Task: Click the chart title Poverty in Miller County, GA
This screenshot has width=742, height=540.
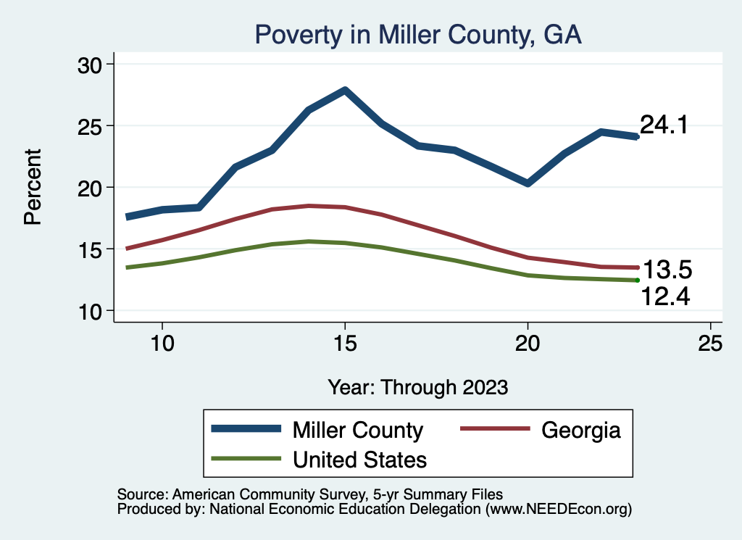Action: pyautogui.click(x=417, y=35)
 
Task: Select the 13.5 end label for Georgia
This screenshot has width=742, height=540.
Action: pyautogui.click(x=668, y=270)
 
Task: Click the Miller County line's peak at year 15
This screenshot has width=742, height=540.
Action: pyautogui.click(x=345, y=91)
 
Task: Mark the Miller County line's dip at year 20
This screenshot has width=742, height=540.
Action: pyautogui.click(x=528, y=183)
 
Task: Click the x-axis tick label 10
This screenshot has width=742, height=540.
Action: pyautogui.click(x=162, y=344)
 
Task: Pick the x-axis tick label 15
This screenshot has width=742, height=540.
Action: pyautogui.click(x=345, y=344)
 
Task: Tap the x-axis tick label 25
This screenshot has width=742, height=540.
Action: pyautogui.click(x=710, y=344)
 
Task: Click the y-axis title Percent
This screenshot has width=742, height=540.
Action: pyautogui.click(x=33, y=187)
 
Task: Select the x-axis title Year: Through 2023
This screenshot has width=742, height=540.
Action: pyautogui.click(x=417, y=386)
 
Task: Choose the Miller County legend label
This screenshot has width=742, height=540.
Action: pyautogui.click(x=357, y=430)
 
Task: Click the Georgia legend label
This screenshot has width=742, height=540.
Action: pyautogui.click(x=581, y=430)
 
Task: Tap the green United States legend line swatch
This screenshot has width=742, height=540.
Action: pyautogui.click(x=246, y=459)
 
